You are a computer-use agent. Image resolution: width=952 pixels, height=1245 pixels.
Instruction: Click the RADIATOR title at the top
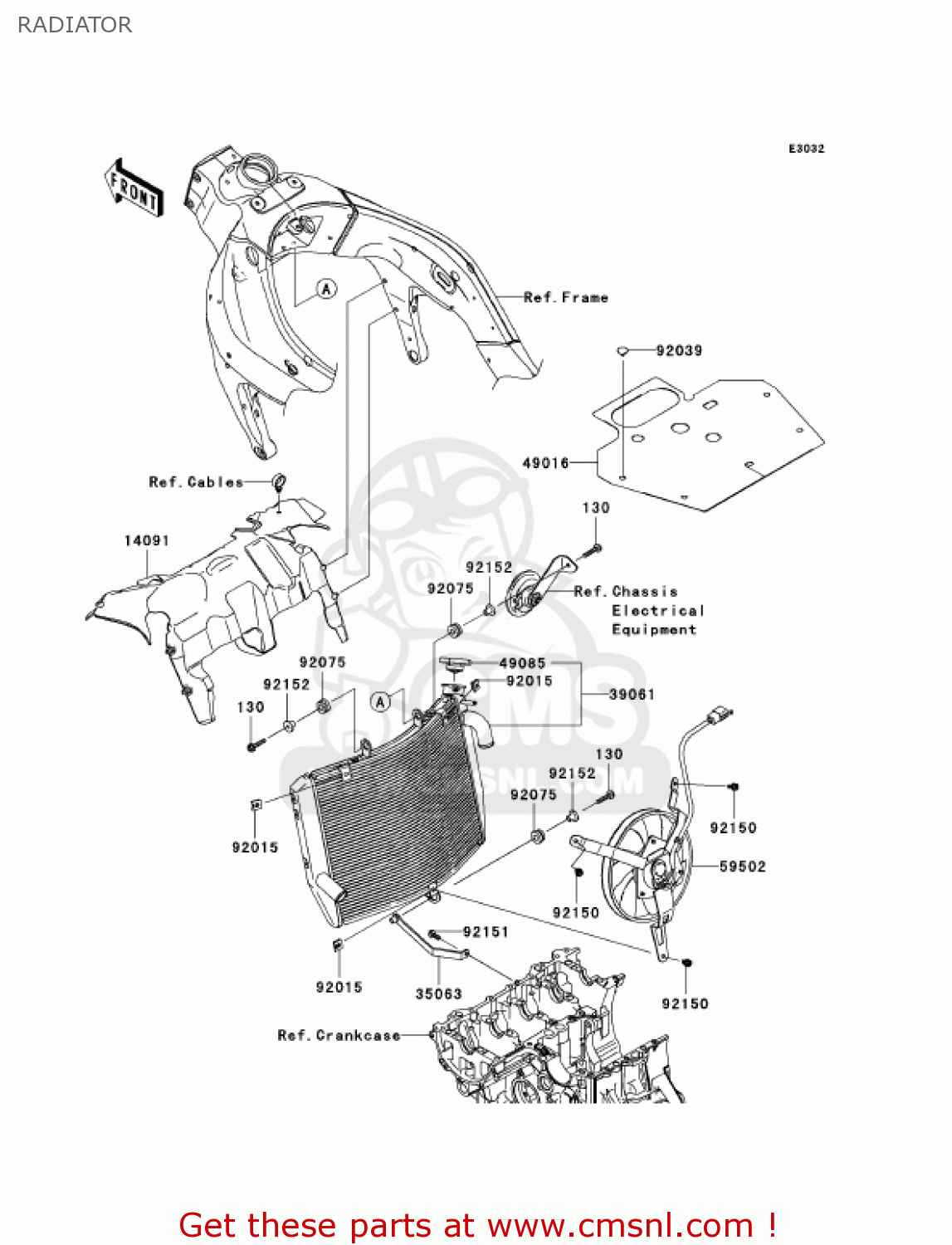pos(75,25)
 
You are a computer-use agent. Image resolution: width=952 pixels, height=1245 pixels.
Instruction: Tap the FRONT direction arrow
pos(134,188)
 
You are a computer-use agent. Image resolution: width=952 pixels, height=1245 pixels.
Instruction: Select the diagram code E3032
pos(806,149)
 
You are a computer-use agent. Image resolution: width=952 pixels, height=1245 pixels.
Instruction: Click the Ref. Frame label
pos(566,297)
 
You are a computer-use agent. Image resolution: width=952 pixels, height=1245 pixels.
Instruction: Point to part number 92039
pos(679,350)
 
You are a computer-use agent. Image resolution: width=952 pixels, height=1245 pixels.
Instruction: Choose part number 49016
pos(545,462)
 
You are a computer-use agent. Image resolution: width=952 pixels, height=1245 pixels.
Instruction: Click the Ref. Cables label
pos(196,481)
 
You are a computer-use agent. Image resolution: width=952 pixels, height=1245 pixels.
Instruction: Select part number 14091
pos(147,540)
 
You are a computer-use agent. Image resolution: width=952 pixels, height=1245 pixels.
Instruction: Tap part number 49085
pos(522,662)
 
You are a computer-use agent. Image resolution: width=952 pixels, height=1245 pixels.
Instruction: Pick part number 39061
pos(632,694)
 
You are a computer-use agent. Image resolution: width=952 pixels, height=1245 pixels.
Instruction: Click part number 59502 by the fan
pos(742,866)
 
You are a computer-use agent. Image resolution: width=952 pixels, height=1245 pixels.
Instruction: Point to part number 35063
pos(438,994)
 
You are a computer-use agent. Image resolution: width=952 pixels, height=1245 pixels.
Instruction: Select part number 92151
pos(486,931)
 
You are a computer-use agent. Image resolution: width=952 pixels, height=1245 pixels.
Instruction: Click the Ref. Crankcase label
pos(339,1035)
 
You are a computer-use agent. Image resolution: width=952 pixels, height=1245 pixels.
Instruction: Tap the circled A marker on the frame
pos(327,289)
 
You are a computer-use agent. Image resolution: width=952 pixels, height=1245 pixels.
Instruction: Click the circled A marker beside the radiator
pos(380,701)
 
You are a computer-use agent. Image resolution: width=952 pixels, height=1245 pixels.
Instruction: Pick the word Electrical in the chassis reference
pos(658,610)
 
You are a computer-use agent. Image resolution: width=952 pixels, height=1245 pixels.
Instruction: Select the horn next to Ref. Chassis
pos(524,595)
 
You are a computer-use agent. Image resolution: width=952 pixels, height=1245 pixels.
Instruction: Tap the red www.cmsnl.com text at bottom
pos(619,1225)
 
